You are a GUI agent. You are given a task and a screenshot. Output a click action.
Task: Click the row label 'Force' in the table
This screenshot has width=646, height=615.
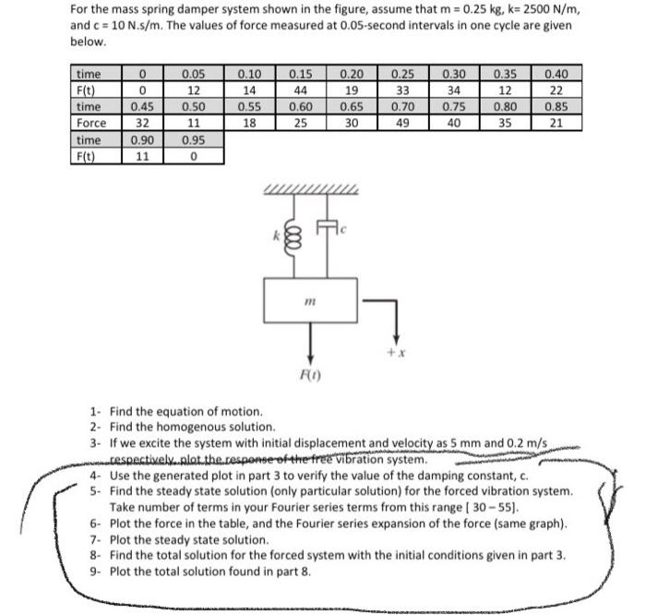(x=91, y=122)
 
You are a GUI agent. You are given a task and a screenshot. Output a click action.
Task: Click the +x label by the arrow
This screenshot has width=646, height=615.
(x=397, y=353)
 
